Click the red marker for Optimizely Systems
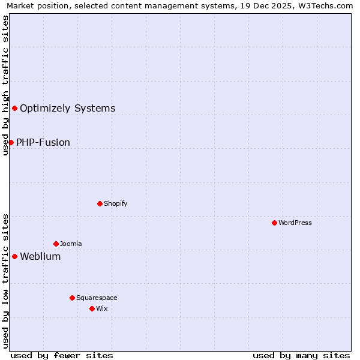point(15,108)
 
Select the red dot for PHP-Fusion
point(11,142)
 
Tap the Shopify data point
point(100,203)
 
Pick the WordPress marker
point(274,223)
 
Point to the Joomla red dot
point(56,244)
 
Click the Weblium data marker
point(15,256)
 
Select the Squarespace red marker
point(72,298)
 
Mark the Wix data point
point(92,308)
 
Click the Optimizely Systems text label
point(67,109)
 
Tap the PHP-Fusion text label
point(43,143)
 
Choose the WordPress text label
point(295,223)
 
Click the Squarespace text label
point(97,298)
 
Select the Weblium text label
point(40,257)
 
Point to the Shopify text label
point(115,203)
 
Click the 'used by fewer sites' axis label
point(62,355)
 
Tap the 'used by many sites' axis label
point(301,355)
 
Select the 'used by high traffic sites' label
point(5,85)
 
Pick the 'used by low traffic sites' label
point(5,281)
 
